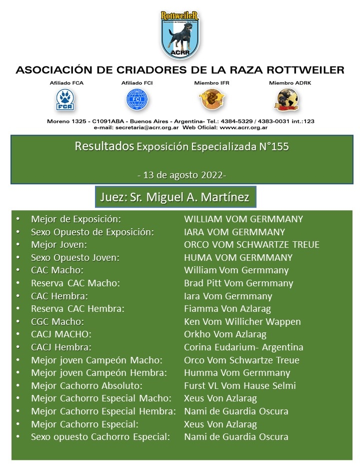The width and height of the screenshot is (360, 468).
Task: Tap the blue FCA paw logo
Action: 63,99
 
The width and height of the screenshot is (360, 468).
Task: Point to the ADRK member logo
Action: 286,100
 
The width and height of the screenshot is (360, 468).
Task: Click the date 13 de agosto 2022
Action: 181,175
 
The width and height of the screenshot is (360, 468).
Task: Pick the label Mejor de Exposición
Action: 76,219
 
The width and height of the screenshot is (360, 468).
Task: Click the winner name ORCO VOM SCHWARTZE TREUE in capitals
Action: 251,245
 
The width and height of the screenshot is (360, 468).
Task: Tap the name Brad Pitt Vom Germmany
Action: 238,283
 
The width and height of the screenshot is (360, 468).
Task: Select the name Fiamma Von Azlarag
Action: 227,309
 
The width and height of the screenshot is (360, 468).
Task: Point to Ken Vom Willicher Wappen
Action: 242,322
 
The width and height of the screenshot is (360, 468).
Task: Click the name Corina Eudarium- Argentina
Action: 243,347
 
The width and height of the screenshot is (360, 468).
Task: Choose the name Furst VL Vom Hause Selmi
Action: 240,386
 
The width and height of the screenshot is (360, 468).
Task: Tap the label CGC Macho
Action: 57,322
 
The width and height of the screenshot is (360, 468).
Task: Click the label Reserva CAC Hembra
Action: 77,309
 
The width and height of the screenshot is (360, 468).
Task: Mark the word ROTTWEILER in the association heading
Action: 296,70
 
